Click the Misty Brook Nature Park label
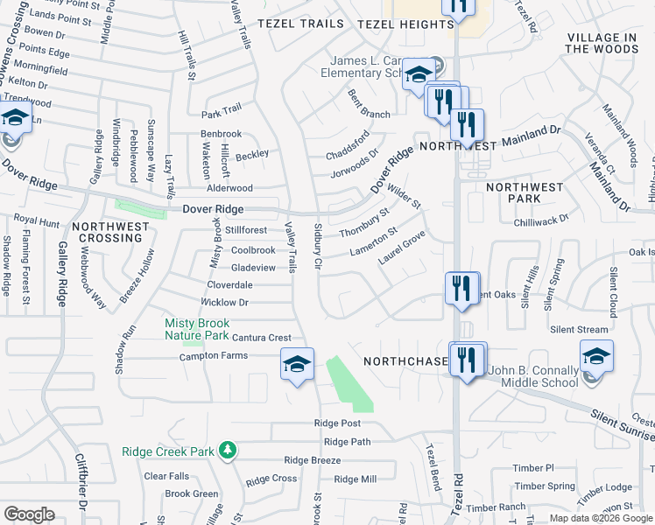[x=197, y=330]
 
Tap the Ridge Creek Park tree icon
[x=229, y=450]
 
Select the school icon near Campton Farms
[x=297, y=363]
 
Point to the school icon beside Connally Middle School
[x=596, y=356]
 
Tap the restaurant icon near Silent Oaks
[x=461, y=288]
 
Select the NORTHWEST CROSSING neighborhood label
[x=110, y=232]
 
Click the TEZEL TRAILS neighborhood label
[x=300, y=24]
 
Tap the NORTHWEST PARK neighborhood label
[x=525, y=193]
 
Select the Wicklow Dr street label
[x=225, y=302]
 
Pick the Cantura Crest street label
[x=261, y=338]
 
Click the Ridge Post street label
[x=337, y=423]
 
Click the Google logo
[x=30, y=514]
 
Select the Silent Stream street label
[x=579, y=329]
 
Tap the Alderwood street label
[x=229, y=188]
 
